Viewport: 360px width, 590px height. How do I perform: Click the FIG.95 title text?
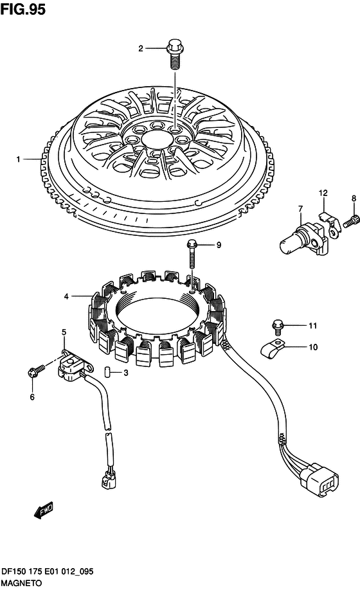click(23, 9)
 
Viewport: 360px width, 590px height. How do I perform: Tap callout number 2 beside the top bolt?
click(141, 49)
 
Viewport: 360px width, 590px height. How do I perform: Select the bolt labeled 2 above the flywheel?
click(174, 54)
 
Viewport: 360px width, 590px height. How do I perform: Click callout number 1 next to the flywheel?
click(18, 159)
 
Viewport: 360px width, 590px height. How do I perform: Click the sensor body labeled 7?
click(304, 240)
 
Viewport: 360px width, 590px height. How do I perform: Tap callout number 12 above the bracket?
click(323, 193)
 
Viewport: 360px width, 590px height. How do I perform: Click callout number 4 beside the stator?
click(66, 296)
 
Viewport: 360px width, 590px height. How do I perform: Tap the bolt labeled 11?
click(277, 326)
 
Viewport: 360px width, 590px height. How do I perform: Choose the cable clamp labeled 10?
click(273, 348)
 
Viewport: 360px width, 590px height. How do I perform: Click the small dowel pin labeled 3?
click(107, 373)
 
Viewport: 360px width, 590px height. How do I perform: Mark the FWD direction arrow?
click(44, 510)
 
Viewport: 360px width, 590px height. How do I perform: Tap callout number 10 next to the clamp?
click(313, 347)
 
